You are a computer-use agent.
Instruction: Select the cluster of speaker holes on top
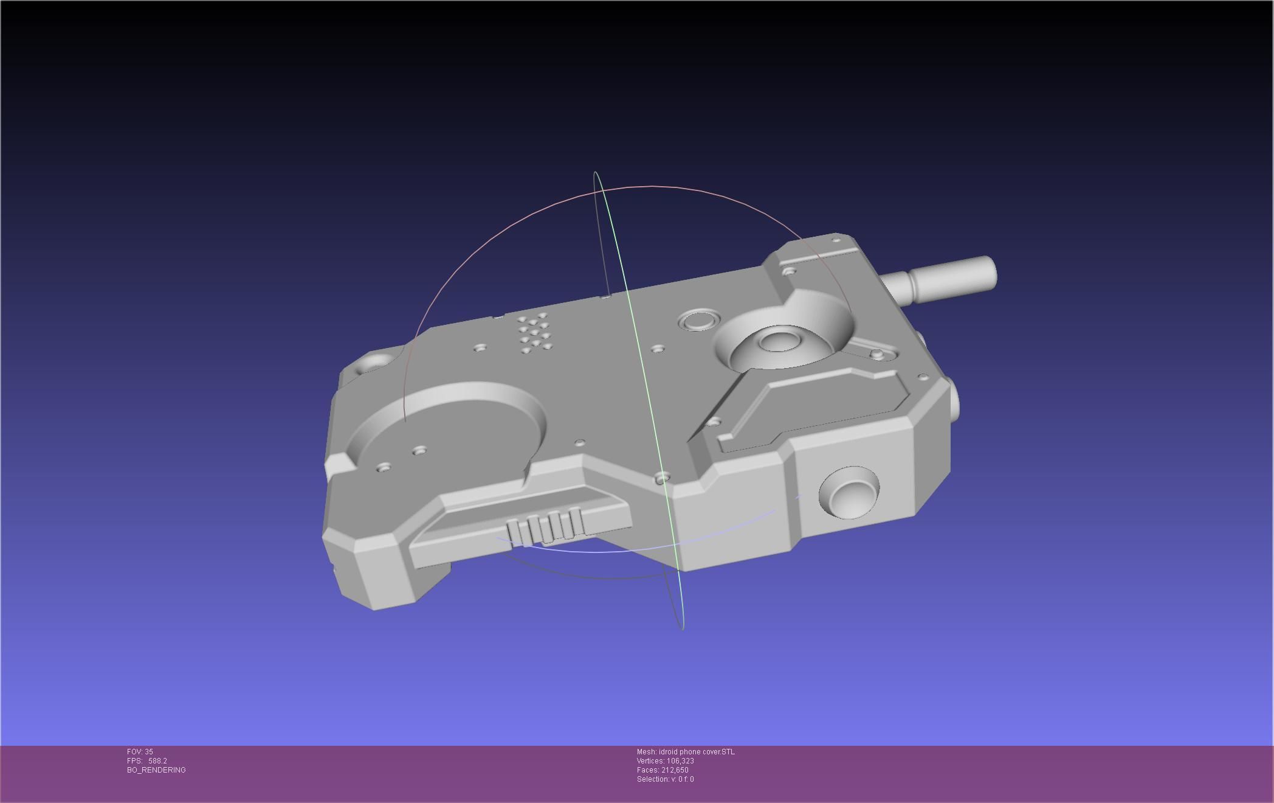(x=533, y=332)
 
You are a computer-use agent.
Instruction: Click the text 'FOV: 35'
(x=140, y=752)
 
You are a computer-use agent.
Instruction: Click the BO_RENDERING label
(x=156, y=770)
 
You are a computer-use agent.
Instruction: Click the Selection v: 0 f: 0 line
(x=665, y=779)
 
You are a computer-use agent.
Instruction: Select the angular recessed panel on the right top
(x=808, y=408)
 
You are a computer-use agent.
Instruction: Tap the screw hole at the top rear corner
(x=836, y=241)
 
